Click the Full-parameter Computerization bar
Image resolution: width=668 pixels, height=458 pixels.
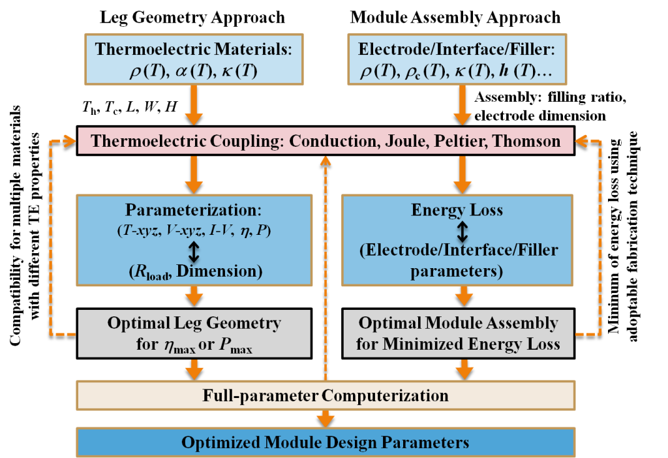pyautogui.click(x=325, y=395)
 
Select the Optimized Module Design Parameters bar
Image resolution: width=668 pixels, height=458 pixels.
pyautogui.click(x=325, y=442)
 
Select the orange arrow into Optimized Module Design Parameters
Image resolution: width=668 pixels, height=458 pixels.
pyautogui.click(x=325, y=418)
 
